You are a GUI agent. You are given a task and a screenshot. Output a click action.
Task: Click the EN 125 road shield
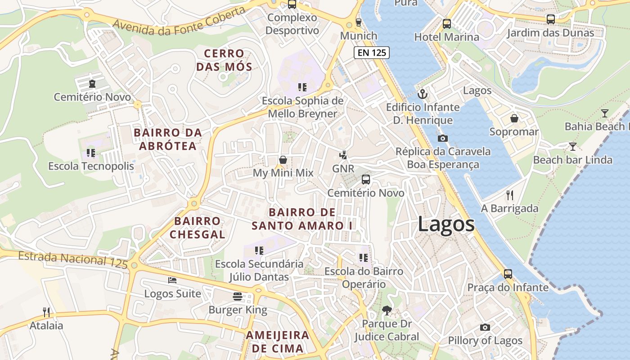371,53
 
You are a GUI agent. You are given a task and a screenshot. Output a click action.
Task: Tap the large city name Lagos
446,224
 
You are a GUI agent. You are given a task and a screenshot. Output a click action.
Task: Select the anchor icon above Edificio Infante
422,94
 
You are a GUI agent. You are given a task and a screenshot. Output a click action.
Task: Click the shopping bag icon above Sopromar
514,118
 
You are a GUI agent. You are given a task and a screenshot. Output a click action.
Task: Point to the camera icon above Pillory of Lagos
485,327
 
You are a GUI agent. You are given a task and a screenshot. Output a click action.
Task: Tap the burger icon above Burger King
238,297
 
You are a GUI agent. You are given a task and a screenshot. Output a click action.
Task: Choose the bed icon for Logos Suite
172,280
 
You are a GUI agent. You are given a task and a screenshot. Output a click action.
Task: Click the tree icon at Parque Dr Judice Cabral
387,310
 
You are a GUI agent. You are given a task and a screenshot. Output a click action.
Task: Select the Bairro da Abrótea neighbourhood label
168,139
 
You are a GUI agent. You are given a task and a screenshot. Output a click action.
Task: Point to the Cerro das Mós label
227,60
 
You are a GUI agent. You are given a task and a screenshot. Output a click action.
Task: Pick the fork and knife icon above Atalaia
46,312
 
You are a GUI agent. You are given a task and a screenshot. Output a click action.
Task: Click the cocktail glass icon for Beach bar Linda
572,146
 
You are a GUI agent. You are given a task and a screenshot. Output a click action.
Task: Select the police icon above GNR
343,155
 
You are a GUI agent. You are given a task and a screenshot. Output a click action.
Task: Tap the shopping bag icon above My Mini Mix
283,160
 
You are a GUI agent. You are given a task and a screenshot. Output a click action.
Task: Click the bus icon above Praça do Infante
508,274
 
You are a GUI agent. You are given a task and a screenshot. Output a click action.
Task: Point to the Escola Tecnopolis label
91,166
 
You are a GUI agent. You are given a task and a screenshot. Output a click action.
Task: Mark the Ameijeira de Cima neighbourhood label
277,342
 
